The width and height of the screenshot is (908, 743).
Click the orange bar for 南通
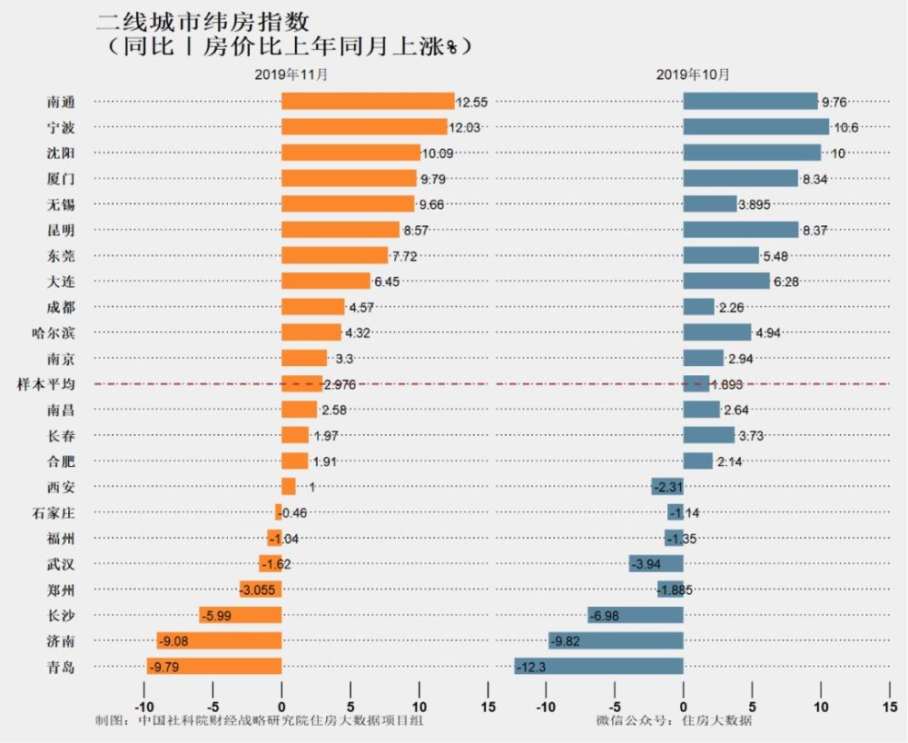click(368, 101)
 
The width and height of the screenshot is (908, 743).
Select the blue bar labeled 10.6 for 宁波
click(755, 126)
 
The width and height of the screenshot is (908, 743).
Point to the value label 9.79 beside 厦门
click(432, 179)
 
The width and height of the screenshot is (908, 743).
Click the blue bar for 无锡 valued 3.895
click(709, 203)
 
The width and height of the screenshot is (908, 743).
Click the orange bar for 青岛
click(214, 667)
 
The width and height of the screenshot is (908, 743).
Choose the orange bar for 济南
click(219, 641)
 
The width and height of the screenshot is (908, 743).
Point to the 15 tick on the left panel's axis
click(488, 707)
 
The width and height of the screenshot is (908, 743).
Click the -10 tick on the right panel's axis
click(546, 707)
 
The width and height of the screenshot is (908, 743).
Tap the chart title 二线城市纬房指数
click(208, 21)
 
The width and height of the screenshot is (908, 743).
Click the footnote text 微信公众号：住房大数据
click(674, 721)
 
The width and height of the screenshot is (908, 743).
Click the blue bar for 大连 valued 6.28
click(725, 281)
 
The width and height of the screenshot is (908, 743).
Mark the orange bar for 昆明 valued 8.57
click(340, 230)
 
